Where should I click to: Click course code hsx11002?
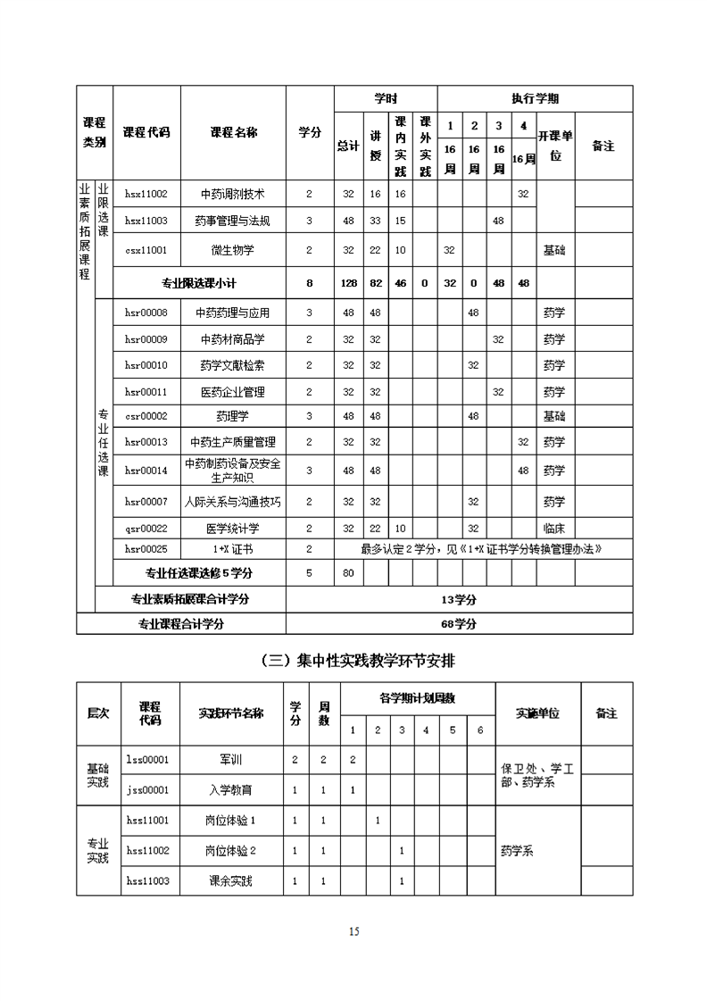coord(146,194)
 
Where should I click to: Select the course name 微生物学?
coord(233,250)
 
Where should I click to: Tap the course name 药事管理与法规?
coord(233,221)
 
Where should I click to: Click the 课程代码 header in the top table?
coord(146,132)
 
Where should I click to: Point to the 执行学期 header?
coord(535,99)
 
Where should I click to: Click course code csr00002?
coord(146,416)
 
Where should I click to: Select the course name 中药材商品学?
coord(233,339)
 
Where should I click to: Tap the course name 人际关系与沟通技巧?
coord(233,502)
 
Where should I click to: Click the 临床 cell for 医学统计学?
coord(553,528)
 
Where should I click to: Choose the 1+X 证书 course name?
coord(233,549)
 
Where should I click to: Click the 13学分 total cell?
coord(459,599)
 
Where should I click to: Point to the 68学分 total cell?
coord(459,623)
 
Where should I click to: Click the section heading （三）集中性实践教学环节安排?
coord(354,661)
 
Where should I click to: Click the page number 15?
coord(354,932)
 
